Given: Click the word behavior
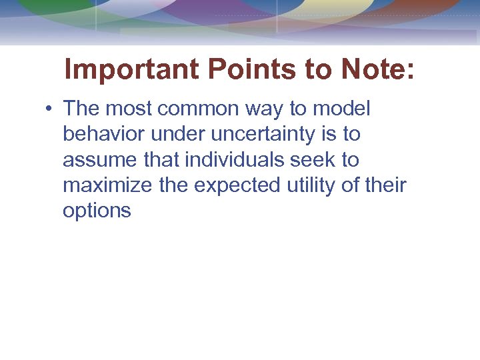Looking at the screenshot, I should pyautogui.click(x=104, y=134).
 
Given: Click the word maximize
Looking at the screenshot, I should pyautogui.click(x=108, y=185).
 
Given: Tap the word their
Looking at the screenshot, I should pyautogui.click(x=385, y=185).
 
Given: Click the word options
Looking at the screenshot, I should pyautogui.click(x=97, y=211).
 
